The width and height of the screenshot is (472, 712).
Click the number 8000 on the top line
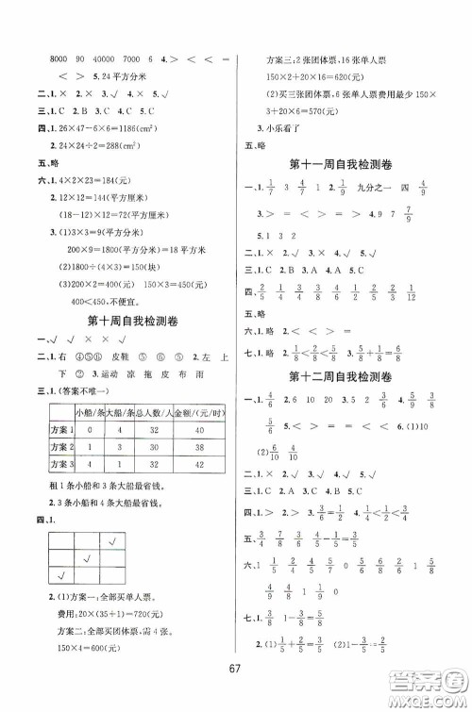point(45,58)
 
